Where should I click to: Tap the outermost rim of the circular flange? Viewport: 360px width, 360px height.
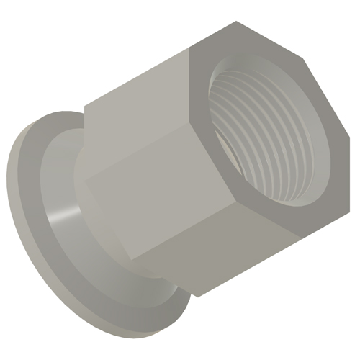click(14, 194)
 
